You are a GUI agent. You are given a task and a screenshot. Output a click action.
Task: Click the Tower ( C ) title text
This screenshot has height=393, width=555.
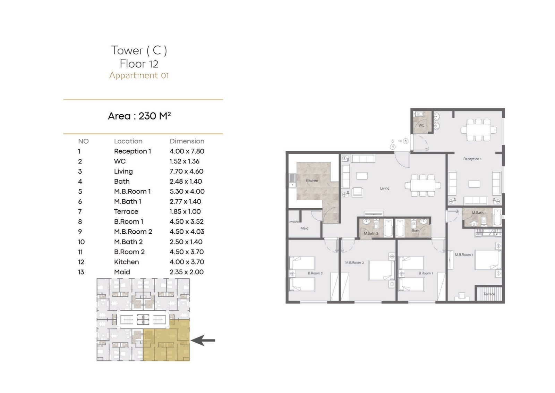pyautogui.click(x=139, y=50)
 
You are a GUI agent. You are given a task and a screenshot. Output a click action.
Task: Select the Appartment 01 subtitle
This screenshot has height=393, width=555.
pyautogui.click(x=139, y=75)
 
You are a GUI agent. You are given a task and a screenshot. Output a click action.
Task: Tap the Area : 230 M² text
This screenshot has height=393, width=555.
pyautogui.click(x=139, y=116)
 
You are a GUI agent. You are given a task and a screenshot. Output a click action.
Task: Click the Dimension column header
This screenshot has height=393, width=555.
pyautogui.click(x=187, y=141)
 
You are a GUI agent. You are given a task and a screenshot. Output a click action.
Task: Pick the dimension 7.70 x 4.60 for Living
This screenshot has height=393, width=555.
pyautogui.click(x=186, y=172)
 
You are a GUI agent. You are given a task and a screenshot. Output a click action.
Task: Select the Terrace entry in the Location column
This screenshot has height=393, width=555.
pyautogui.click(x=126, y=211)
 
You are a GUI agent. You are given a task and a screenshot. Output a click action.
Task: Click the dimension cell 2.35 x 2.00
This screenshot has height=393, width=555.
pyautogui.click(x=187, y=272)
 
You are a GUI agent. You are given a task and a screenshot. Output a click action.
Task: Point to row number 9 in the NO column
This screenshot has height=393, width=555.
pyautogui.click(x=80, y=232)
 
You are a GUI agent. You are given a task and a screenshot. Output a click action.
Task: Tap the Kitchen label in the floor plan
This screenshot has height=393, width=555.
pyautogui.click(x=312, y=181)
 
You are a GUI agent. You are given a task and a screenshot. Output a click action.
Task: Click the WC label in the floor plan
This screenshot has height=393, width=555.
pyautogui.click(x=421, y=125)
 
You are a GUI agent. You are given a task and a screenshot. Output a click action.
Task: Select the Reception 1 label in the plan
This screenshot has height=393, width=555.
pyautogui.click(x=472, y=159)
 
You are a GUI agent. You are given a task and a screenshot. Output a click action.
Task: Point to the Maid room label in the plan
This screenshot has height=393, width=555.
pyautogui.click(x=304, y=228)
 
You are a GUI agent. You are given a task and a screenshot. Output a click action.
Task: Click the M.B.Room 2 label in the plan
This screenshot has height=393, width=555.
pyautogui.click(x=355, y=262)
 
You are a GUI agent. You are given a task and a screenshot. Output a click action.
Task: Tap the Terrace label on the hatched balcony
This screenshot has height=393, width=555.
pyautogui.click(x=489, y=294)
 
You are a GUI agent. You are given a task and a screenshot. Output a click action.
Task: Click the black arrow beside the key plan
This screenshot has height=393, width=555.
pyautogui.click(x=203, y=341)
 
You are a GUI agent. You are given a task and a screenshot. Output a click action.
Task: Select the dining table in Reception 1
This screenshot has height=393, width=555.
pyautogui.click(x=479, y=130)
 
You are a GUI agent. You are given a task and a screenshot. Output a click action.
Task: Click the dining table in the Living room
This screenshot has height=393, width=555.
pyautogui.click(x=423, y=185)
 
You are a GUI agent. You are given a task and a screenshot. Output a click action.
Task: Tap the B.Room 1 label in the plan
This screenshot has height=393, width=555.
pyautogui.click(x=426, y=273)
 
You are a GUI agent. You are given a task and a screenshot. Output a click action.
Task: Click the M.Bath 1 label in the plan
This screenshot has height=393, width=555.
pyautogui.click(x=479, y=213)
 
